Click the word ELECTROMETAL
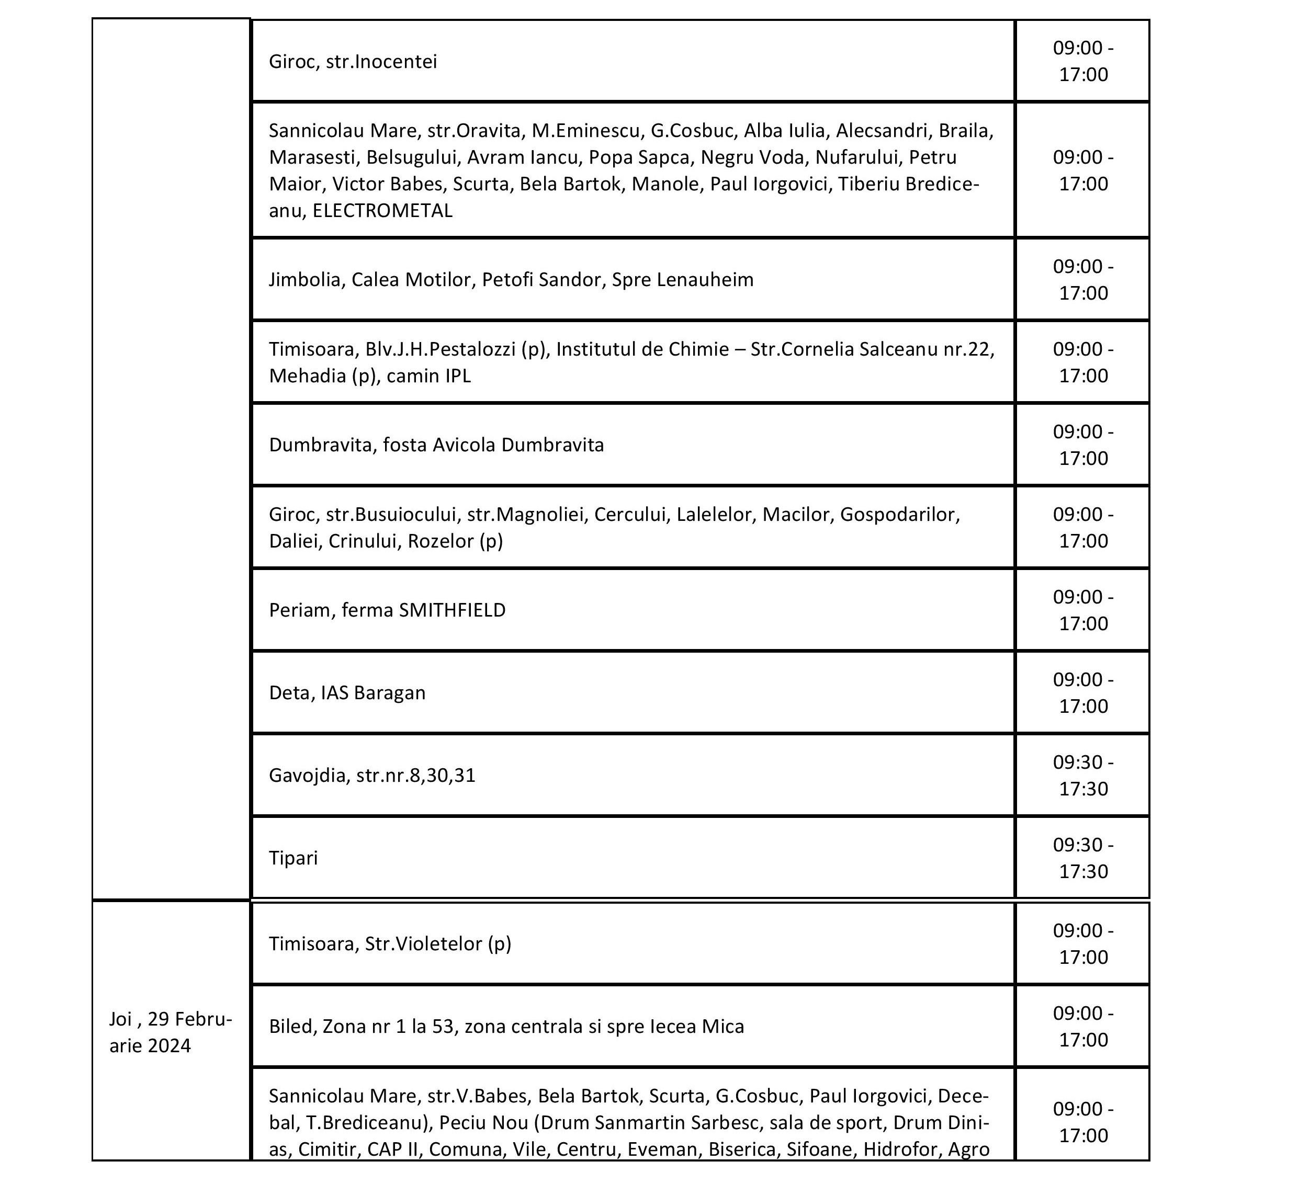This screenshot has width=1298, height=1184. click(382, 210)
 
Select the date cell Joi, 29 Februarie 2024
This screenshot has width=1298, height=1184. click(170, 1032)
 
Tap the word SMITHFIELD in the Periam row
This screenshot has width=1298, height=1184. click(452, 610)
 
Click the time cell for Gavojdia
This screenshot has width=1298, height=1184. click(1083, 776)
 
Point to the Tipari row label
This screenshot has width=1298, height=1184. click(293, 858)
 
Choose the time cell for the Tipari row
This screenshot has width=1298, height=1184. click(1083, 858)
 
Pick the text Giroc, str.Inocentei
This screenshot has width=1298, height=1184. click(353, 62)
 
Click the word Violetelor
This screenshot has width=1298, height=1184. click(437, 944)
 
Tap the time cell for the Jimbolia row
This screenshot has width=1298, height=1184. click(1083, 280)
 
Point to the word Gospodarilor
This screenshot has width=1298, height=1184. click(899, 515)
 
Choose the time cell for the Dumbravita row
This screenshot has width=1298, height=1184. click(1083, 445)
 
